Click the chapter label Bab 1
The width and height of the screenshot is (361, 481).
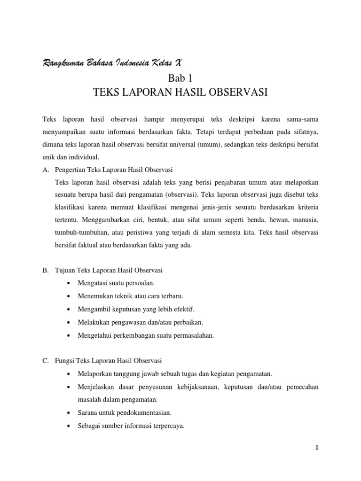[x=180, y=78]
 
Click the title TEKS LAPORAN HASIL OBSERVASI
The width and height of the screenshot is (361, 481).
[x=180, y=93]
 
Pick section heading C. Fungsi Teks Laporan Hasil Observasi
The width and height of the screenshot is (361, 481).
[x=102, y=361]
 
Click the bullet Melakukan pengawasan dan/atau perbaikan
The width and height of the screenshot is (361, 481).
[x=141, y=322]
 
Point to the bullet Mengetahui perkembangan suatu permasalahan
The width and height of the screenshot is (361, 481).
[x=147, y=335]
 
